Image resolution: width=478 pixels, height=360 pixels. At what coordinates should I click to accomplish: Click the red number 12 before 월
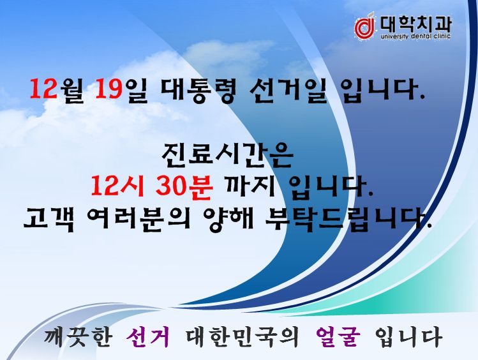43,89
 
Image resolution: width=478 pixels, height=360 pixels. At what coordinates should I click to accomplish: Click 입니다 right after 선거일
383,90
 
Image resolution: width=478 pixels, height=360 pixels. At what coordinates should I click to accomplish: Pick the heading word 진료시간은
227,156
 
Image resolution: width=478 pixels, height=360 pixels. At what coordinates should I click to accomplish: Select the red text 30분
184,186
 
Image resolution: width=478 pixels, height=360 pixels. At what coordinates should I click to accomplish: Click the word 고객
49,218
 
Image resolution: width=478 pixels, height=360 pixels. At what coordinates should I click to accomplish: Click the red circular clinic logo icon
364,27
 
